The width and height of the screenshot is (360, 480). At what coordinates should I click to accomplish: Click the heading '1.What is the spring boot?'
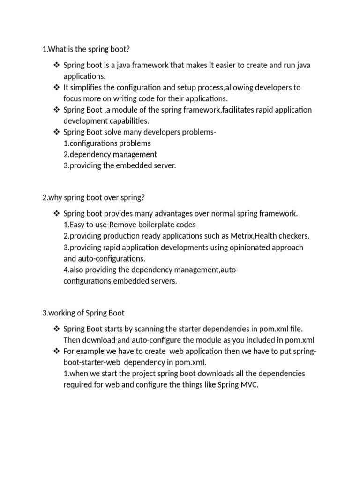85,49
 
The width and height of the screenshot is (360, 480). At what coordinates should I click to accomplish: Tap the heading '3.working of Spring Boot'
83,313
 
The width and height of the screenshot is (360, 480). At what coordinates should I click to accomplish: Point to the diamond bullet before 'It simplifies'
57,87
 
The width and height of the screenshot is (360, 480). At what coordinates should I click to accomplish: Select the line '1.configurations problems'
107,143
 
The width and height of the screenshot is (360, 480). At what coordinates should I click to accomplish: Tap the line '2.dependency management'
110,155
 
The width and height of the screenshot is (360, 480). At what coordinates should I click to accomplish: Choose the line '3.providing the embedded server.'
120,166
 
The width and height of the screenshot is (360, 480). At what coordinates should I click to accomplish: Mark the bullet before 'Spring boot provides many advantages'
57,214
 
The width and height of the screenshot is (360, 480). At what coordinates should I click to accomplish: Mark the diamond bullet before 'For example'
57,352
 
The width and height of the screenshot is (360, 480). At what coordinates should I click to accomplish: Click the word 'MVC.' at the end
248,385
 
